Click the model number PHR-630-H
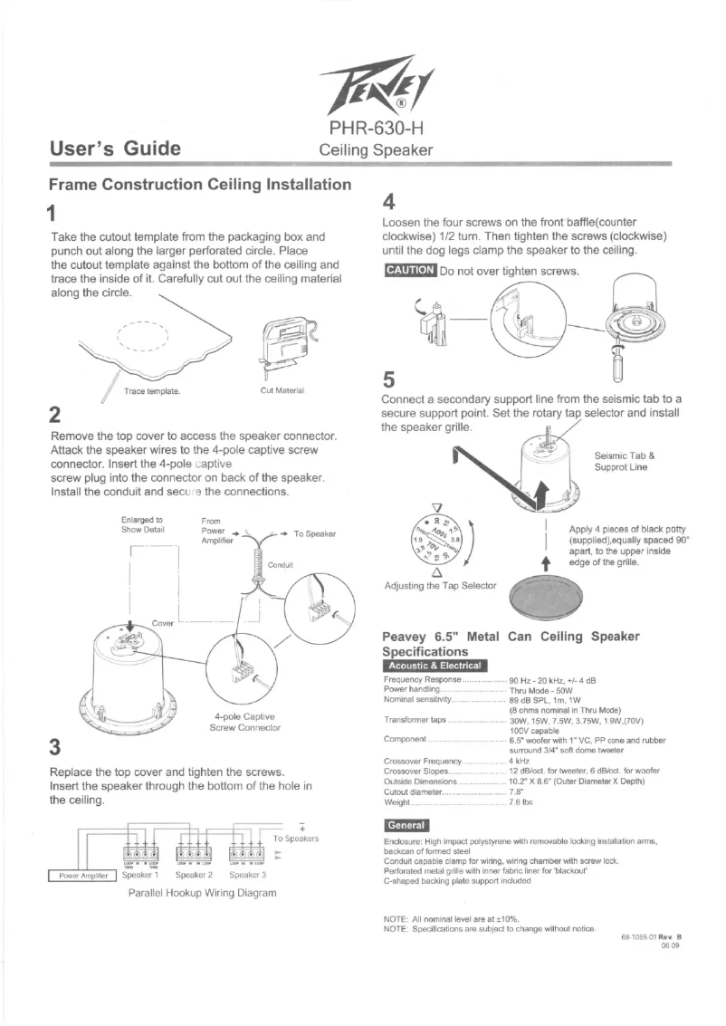[376, 129]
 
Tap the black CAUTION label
[410, 270]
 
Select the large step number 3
[55, 747]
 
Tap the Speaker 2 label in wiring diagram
[195, 875]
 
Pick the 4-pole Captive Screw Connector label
[244, 721]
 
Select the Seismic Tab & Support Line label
[625, 462]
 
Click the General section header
[406, 825]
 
